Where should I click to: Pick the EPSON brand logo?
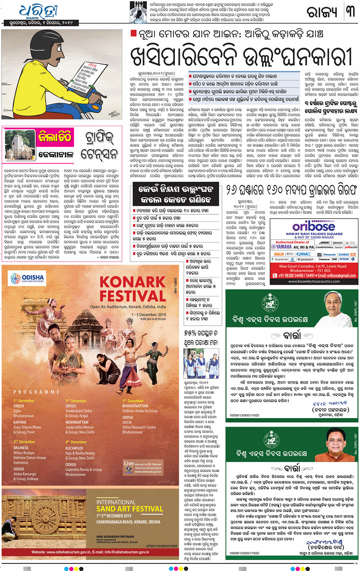[344, 260]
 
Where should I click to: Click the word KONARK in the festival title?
[132, 282]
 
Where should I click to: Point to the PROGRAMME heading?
[37, 392]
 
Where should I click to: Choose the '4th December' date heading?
[76, 442]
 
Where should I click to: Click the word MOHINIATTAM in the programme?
[77, 422]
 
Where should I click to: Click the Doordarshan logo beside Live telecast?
[129, 469]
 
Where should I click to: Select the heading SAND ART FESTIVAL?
[130, 509]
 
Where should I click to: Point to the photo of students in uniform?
[201, 363]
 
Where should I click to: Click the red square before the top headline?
[133, 34]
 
